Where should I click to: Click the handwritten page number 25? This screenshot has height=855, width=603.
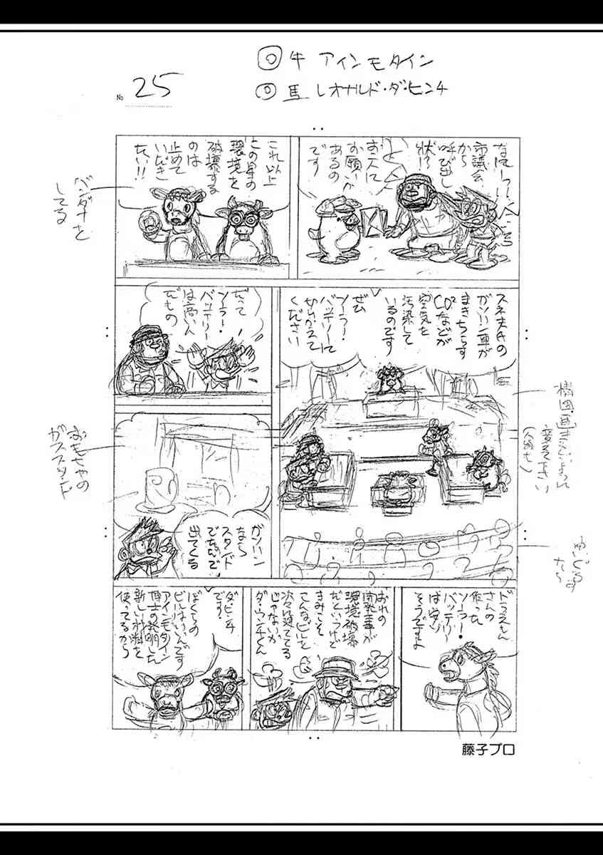tap(152, 88)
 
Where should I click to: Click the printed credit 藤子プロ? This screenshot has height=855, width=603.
tap(487, 750)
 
